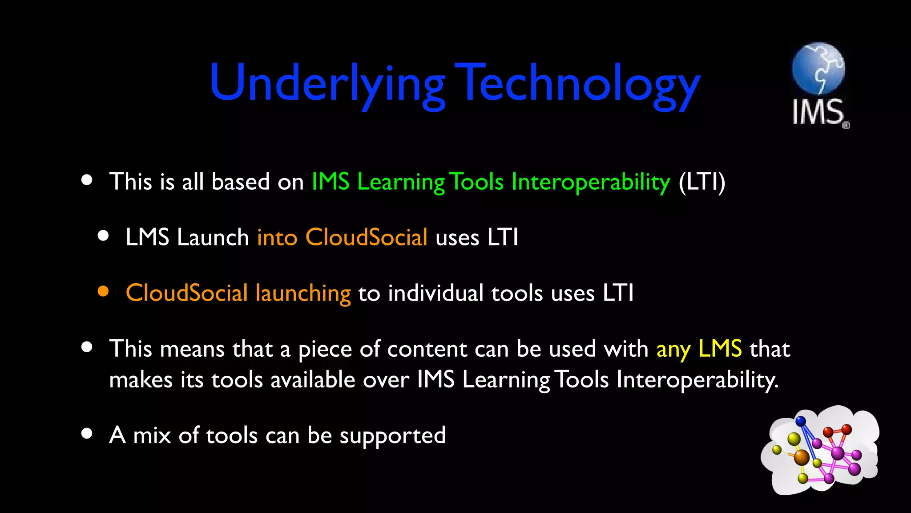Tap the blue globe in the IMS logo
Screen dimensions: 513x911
coord(818,68)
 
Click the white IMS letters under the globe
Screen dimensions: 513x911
coord(818,112)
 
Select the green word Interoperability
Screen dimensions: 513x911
coord(591,182)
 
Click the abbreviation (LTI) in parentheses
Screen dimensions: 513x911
coord(702,182)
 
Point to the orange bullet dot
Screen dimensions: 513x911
coord(103,291)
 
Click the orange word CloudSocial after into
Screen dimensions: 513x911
coord(366,237)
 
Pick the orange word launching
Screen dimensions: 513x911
coord(303,293)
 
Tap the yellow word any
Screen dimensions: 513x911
coord(673,349)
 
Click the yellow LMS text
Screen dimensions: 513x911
coord(720,349)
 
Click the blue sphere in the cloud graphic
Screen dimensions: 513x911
coord(801,421)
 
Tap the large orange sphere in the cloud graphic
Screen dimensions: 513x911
coord(802,457)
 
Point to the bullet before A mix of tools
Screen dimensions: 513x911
coord(87,433)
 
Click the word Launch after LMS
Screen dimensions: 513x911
coord(213,237)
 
